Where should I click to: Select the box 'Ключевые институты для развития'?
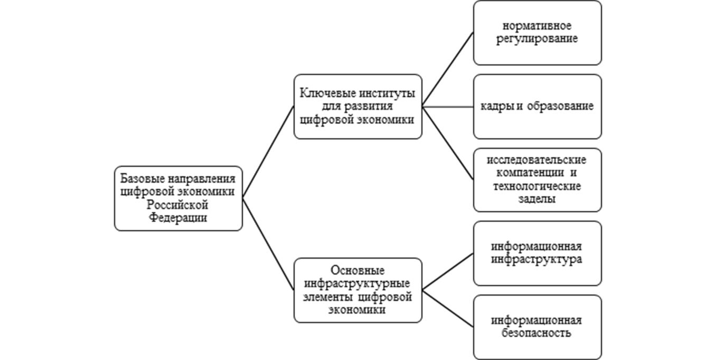(357, 106)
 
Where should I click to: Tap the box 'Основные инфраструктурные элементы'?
(357, 290)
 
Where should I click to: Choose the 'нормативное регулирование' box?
(537, 32)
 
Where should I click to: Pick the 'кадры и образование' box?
(537, 106)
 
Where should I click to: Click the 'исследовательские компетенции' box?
(537, 179)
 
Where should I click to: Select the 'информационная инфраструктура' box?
(537, 253)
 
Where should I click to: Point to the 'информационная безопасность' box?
(537, 327)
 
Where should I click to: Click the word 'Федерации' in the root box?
(177, 217)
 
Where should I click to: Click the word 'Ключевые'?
(323, 93)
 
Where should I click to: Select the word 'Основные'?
(357, 271)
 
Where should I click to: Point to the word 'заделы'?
(537, 199)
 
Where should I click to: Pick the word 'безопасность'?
(537, 334)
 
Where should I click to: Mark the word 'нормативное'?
(537, 26)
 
